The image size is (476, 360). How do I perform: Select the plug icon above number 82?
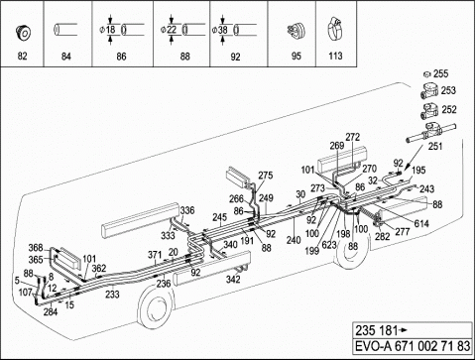pos(23,33)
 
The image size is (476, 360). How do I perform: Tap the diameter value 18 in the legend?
pos(111,30)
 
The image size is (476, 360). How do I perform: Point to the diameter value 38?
pos(223,30)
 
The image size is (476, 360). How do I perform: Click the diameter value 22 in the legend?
pos(172,30)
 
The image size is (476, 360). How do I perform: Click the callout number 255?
pos(440,73)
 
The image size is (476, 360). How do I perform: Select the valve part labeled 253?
pos(429,90)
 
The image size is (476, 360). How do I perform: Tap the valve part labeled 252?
pos(429,111)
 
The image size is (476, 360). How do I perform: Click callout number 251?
pos(435,146)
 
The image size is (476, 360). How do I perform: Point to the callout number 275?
pos(266,176)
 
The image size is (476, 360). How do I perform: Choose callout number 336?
pos(187,210)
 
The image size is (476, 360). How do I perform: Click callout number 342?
pos(233,280)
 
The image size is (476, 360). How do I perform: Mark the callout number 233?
pos(112,294)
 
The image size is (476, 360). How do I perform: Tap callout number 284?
pos(51,311)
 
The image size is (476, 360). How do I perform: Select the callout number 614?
pos(421,224)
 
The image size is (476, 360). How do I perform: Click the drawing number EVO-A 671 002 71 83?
pos(413,346)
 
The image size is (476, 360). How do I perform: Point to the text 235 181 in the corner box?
pos(376,330)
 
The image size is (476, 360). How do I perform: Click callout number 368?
pos(36,248)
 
